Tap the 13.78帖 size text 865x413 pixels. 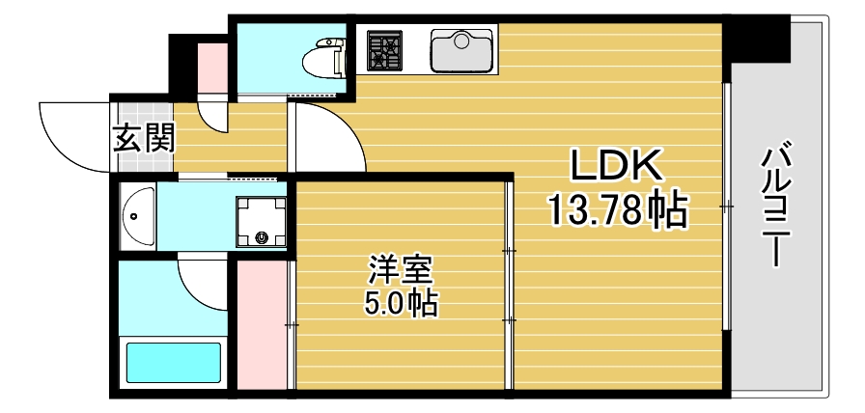click(x=618, y=208)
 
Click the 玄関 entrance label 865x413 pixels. click(x=144, y=139)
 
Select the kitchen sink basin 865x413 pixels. click(x=462, y=51)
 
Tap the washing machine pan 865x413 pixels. click(x=262, y=222)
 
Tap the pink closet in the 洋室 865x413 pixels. click(x=260, y=322)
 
